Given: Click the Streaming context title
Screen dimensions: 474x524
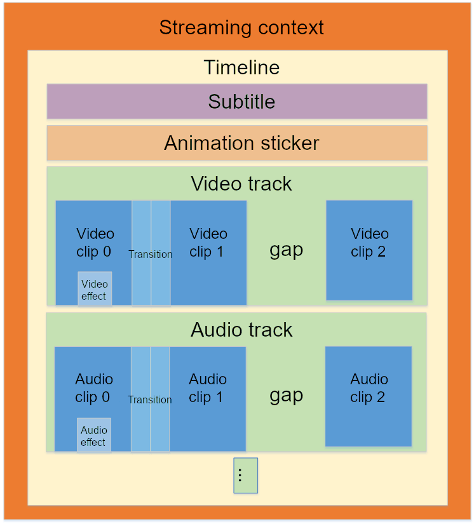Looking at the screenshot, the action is point(241,27).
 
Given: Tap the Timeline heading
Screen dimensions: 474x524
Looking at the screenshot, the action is point(241,67).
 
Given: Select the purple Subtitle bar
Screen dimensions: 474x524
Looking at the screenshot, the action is point(237,102).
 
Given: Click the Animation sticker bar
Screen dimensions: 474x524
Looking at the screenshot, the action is point(237,143).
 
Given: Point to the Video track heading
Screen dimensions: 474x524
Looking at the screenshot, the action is point(241,184).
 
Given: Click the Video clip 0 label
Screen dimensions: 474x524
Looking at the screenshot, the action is point(95,243).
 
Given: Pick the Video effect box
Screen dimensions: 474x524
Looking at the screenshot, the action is point(95,288).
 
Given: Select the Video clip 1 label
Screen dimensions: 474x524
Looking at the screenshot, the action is point(208,243).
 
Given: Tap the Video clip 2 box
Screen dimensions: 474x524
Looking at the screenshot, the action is point(369,250).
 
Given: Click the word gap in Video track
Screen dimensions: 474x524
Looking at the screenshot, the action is point(286,251).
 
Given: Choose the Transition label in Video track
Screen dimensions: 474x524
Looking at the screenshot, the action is point(151,254).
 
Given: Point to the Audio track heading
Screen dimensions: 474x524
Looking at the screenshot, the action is point(241,330).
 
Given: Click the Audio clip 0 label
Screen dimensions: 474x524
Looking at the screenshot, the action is point(94,388).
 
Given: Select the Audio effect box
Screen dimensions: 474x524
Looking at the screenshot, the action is point(94,435).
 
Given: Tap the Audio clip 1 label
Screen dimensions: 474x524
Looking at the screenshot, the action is point(208,388).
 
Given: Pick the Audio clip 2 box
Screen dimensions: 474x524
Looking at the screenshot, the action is point(369,396).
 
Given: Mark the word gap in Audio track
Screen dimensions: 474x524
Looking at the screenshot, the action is point(286,396).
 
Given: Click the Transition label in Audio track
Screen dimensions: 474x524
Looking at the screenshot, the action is point(150,400).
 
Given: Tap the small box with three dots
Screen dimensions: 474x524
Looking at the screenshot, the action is point(246,476).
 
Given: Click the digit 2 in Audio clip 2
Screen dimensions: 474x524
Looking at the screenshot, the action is point(381,398).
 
